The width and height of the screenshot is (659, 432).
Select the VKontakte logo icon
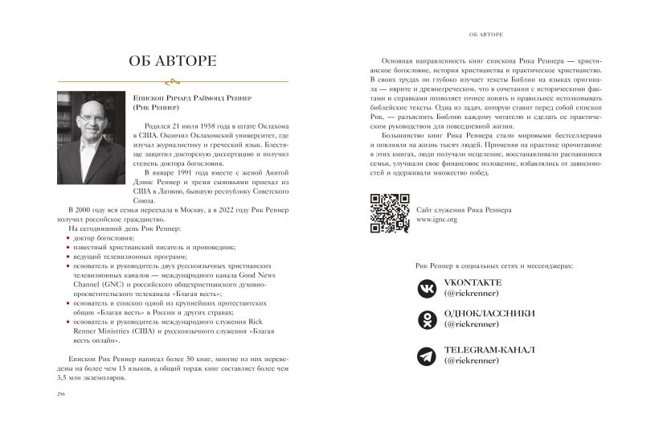[425, 289]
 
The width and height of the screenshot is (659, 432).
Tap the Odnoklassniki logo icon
[425, 321]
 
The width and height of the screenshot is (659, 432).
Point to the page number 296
[60, 393]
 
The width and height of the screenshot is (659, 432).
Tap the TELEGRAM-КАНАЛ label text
[489, 351]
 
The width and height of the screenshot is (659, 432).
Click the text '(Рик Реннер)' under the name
[156, 106]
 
